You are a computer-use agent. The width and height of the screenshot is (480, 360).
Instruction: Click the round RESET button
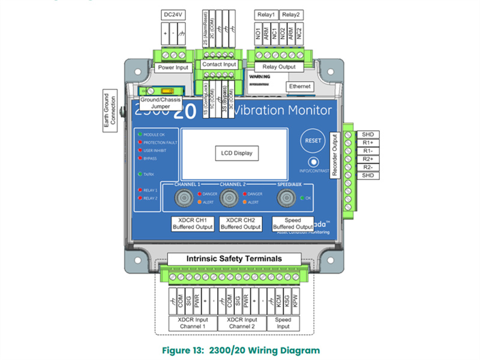[313, 140]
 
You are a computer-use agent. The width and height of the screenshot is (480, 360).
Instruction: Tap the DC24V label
[173, 13]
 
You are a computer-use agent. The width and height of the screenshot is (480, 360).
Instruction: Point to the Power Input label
[173, 67]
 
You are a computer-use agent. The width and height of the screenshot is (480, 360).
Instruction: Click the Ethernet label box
[299, 87]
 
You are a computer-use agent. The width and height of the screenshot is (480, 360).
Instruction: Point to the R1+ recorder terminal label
[368, 142]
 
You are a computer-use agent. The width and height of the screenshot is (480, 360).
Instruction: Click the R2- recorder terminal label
[368, 167]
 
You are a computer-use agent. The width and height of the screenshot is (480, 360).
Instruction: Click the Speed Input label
[283, 323]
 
